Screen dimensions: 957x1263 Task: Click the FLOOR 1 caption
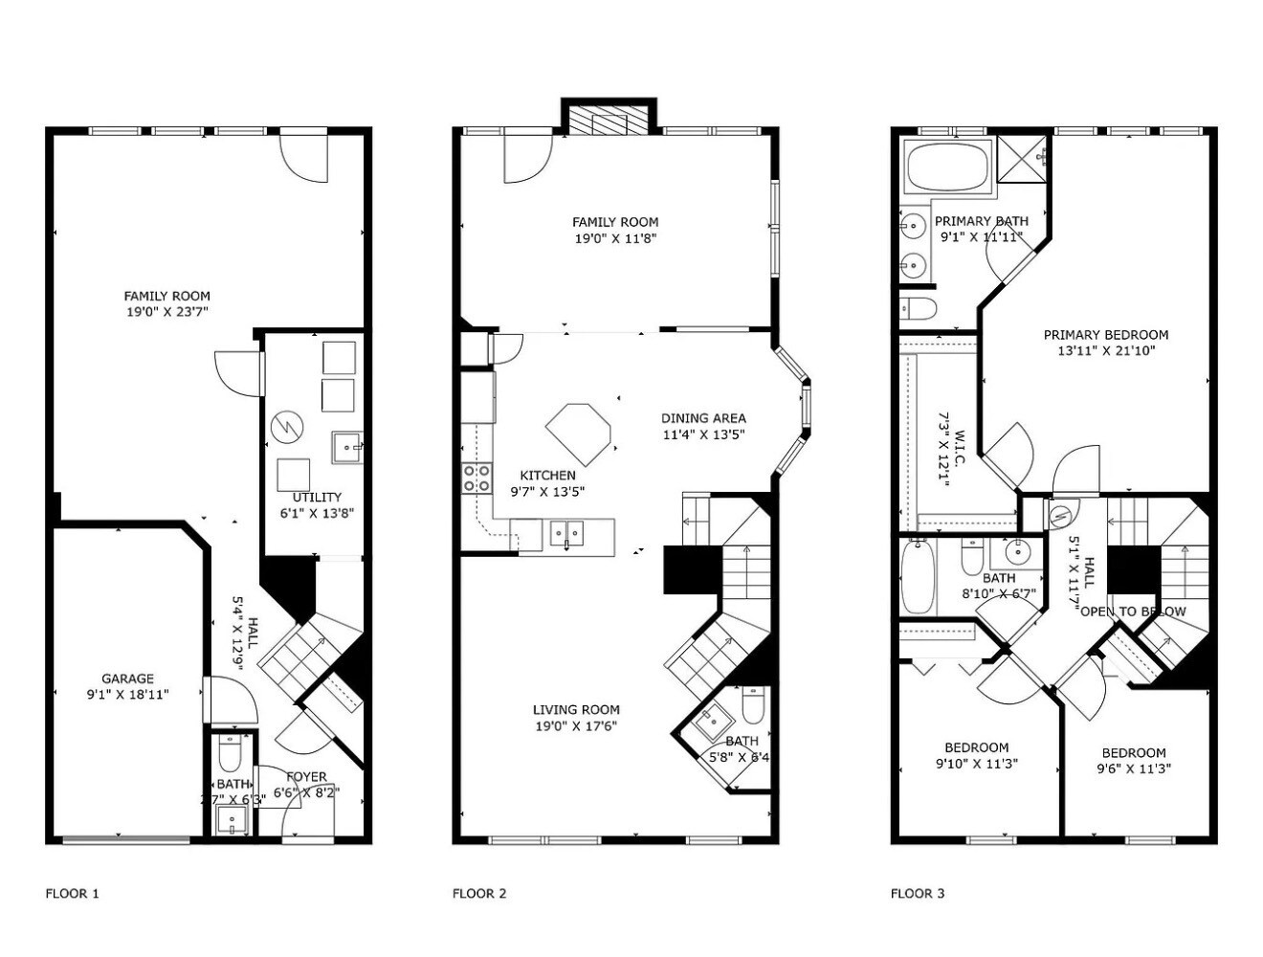click(x=73, y=894)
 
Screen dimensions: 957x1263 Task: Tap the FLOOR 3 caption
click(x=918, y=894)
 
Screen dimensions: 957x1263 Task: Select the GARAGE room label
click(x=128, y=679)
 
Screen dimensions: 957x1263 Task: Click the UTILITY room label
click(x=317, y=498)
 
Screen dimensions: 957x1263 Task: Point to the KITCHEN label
click(x=547, y=476)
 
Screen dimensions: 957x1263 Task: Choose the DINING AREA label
click(x=703, y=418)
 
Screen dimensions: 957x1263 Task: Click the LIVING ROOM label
click(x=576, y=710)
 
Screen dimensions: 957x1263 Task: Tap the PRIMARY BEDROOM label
click(x=1105, y=335)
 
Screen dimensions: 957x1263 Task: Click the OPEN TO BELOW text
click(x=1133, y=612)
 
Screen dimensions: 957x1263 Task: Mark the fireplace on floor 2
click(x=608, y=120)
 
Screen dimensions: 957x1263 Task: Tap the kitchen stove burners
click(x=476, y=478)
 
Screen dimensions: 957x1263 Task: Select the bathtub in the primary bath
click(x=948, y=167)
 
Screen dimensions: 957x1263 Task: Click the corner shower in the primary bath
click(x=1023, y=158)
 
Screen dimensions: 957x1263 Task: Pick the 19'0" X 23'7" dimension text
click(x=166, y=312)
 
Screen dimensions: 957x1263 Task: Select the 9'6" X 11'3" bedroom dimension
click(x=1134, y=768)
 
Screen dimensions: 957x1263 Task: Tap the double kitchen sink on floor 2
click(x=566, y=533)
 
